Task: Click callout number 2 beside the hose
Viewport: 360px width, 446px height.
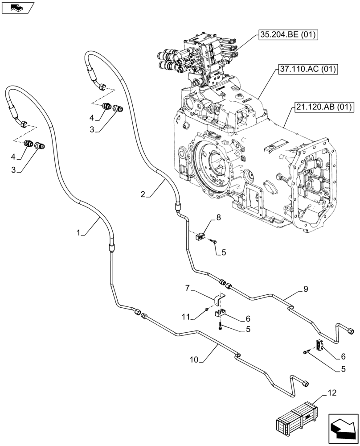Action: pyautogui.click(x=143, y=194)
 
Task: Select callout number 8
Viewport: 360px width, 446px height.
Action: pyautogui.click(x=218, y=218)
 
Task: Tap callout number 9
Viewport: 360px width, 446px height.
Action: pyautogui.click(x=305, y=289)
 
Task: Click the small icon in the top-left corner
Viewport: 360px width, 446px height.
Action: pyautogui.click(x=17, y=7)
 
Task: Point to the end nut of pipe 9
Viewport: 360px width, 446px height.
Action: pyautogui.click(x=351, y=331)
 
